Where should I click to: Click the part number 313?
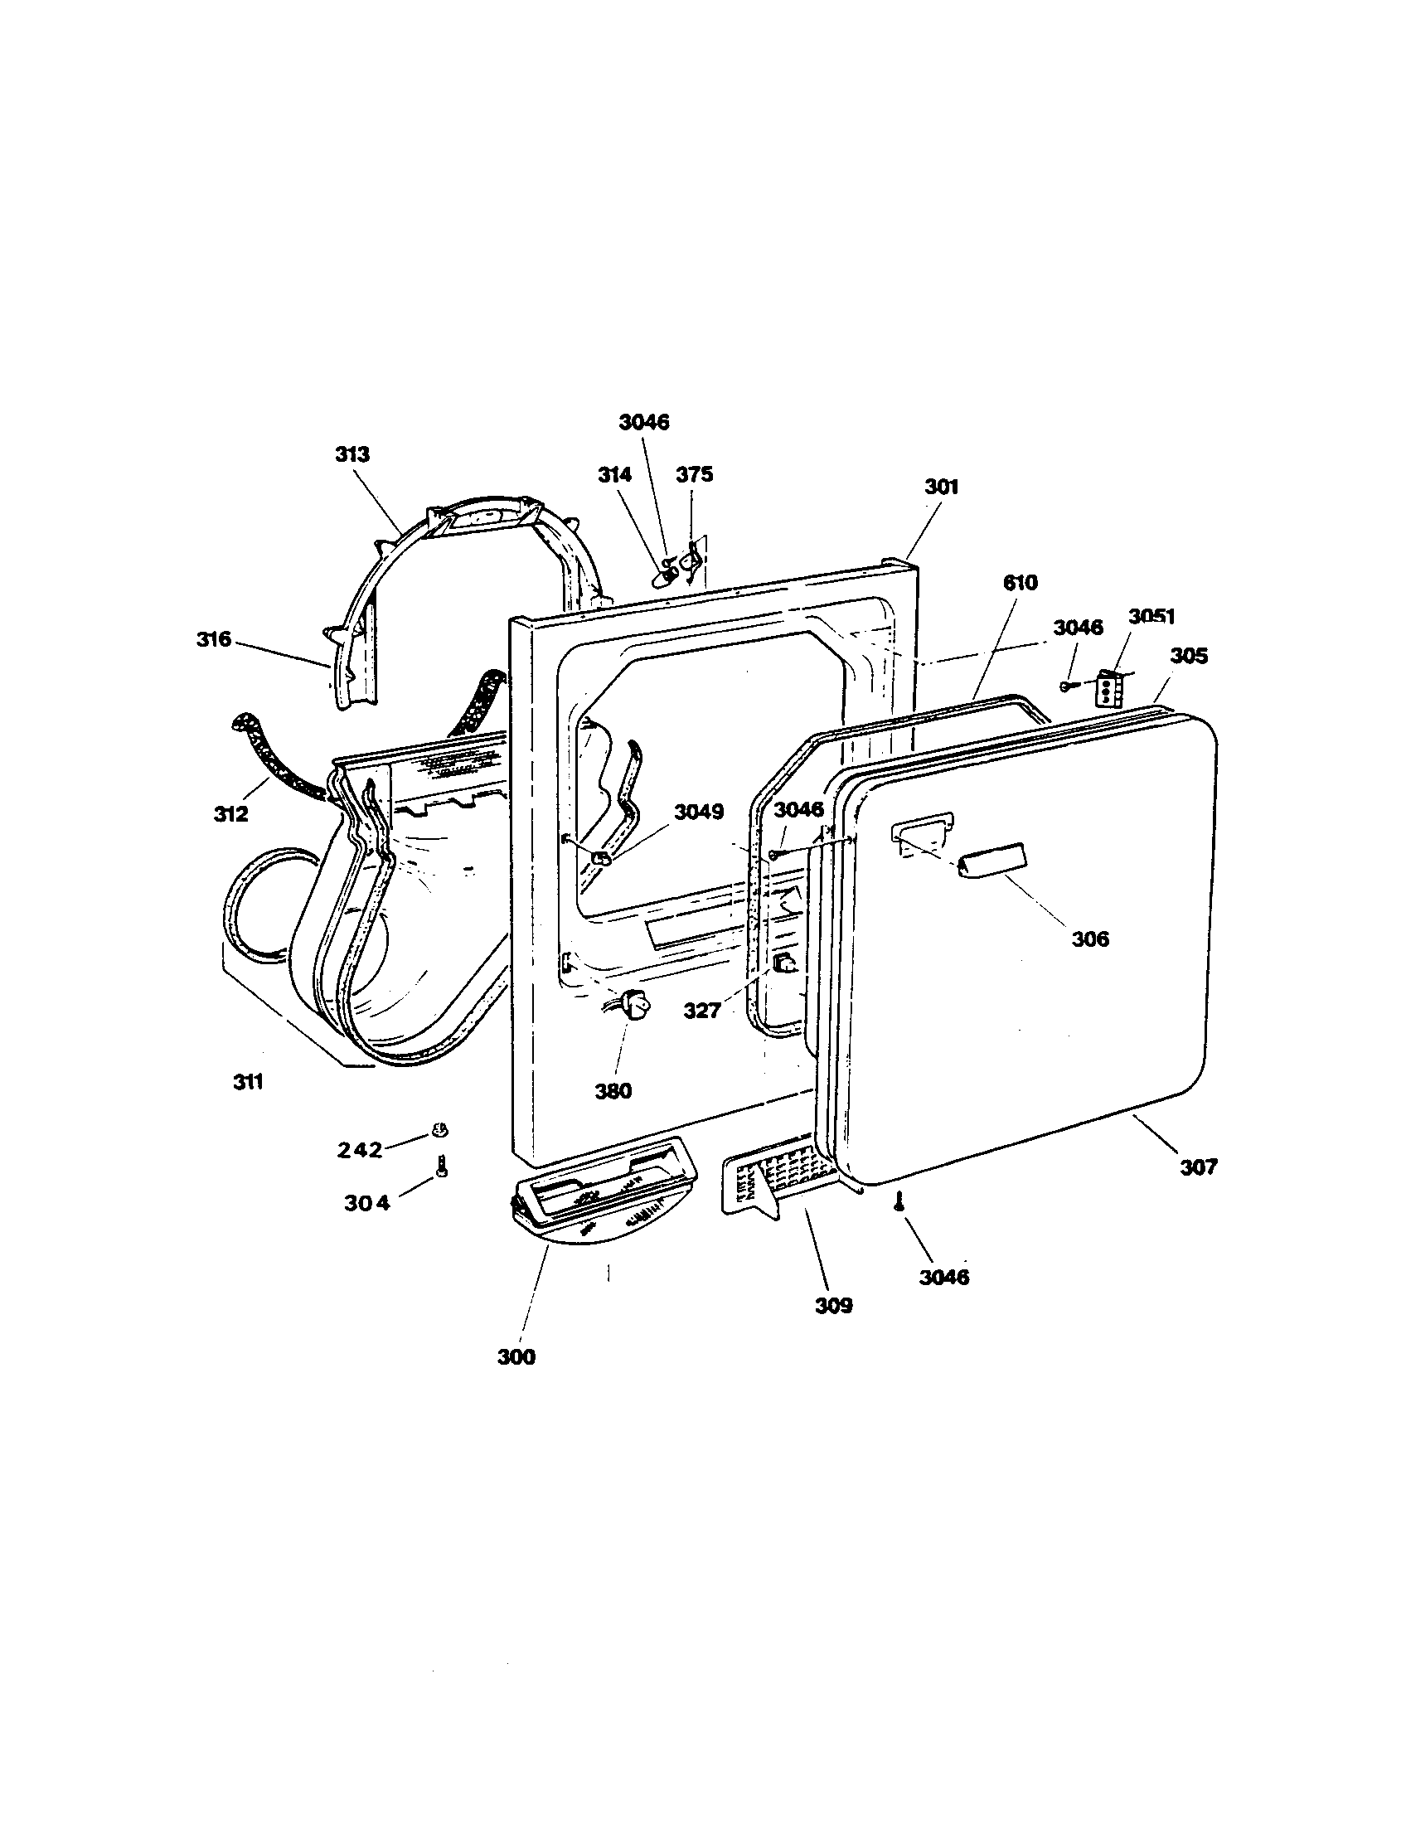pos(352,455)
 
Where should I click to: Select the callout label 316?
pos(214,640)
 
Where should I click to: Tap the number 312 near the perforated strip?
pos(230,813)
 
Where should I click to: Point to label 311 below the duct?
pos(248,1082)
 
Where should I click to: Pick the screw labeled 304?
pos(442,1168)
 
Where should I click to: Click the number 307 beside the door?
pos(1198,1167)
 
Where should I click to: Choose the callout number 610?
pos(1020,583)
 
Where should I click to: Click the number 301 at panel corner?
pos(941,487)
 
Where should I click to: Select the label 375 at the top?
pos(694,474)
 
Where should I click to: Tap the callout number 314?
pos(614,474)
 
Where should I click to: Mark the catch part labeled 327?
pos(783,965)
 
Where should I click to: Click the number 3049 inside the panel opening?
pos(699,812)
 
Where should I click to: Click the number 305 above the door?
pos(1188,656)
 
